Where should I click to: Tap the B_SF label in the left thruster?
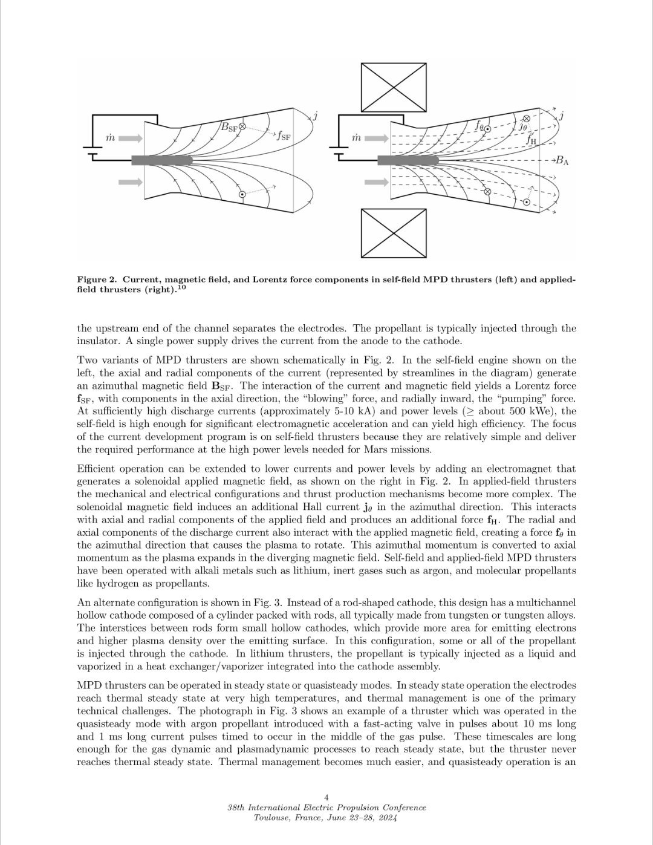point(229,127)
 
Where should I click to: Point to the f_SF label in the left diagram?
point(283,135)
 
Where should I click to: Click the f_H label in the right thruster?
point(531,140)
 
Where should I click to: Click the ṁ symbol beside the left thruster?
point(110,139)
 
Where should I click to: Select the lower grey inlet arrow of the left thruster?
point(131,181)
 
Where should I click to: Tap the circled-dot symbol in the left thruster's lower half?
point(242,194)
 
